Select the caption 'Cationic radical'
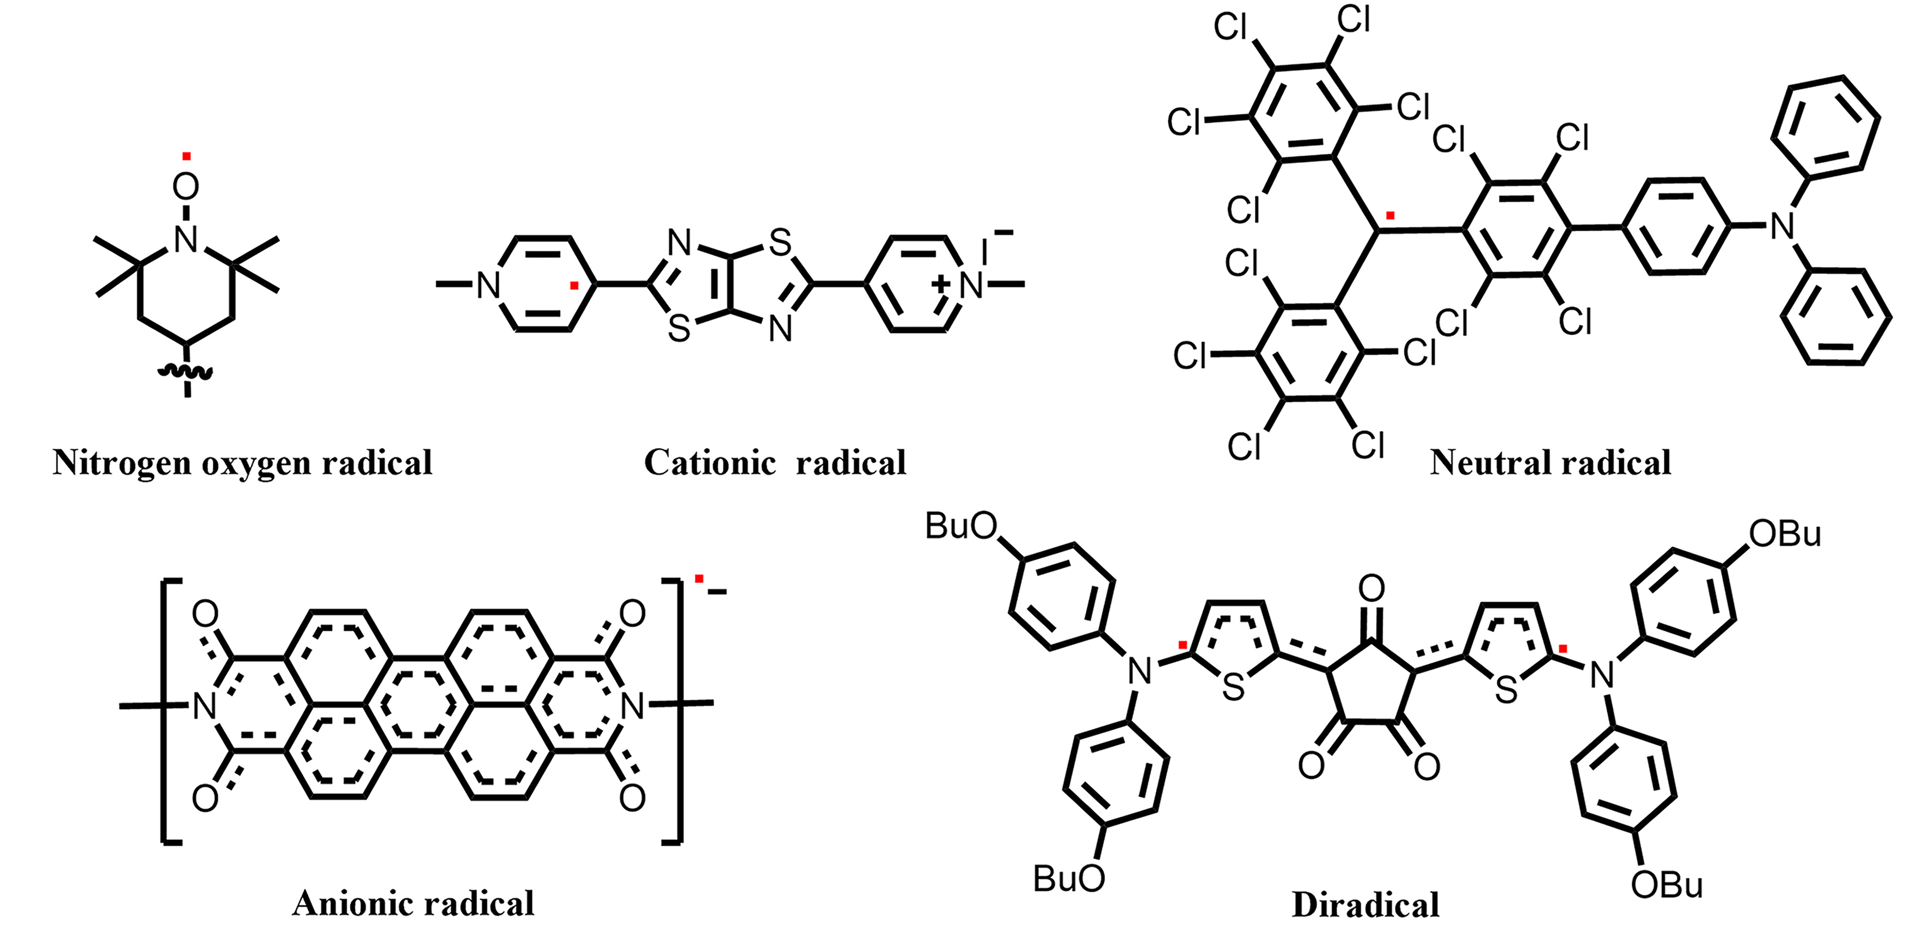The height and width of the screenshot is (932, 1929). [775, 462]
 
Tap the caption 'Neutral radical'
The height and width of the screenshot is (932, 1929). [1551, 462]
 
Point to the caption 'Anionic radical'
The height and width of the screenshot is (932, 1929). [413, 904]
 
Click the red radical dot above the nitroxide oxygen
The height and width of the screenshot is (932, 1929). [186, 157]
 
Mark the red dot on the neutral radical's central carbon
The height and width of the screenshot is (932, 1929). [1391, 215]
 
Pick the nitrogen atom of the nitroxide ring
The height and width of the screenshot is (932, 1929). [186, 239]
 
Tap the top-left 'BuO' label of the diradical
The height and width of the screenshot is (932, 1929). [962, 526]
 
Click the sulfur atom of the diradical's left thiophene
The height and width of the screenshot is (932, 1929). [1233, 688]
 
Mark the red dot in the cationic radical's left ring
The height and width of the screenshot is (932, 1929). [574, 285]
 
